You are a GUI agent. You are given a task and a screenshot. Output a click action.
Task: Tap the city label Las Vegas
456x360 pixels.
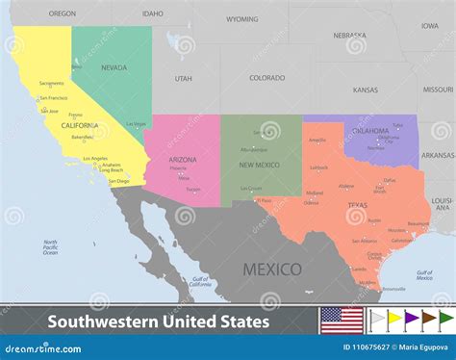coord(137,123)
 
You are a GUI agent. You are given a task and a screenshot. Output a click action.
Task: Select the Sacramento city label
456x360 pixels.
coord(52,84)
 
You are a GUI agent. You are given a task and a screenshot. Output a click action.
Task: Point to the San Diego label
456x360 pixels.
coord(118,181)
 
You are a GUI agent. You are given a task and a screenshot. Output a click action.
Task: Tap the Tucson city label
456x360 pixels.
coord(193,189)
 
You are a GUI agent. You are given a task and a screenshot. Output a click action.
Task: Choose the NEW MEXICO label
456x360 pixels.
coord(259,164)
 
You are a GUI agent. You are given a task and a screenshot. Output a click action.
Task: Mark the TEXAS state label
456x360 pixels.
coord(357,204)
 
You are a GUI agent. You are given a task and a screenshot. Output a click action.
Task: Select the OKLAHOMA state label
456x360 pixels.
coord(370,130)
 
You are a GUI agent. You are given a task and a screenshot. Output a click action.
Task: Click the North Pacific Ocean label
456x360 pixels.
coord(50,246)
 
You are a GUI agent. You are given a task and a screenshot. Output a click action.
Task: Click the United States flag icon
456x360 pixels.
coord(341,318)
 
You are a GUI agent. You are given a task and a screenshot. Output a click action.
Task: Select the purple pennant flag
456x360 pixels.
coord(409,317)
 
